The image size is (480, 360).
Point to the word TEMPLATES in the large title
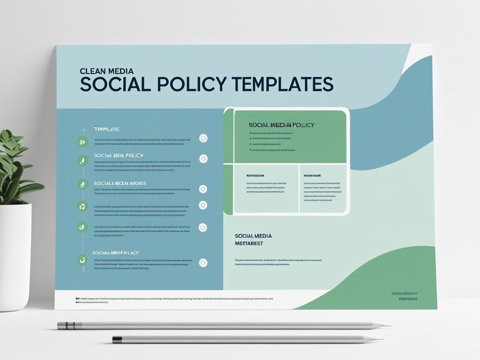[x=282, y=84]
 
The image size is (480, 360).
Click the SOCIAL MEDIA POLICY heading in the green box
[x=281, y=125]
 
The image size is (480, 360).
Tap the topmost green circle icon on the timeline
[x=82, y=141]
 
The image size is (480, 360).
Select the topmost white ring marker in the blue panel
[x=203, y=138]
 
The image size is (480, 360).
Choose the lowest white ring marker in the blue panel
[x=203, y=263]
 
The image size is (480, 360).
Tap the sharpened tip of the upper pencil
[x=388, y=326]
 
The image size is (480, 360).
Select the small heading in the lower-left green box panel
[x=255, y=175]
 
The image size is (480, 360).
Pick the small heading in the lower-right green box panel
[x=312, y=175]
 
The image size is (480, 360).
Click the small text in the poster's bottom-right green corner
[x=404, y=296]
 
